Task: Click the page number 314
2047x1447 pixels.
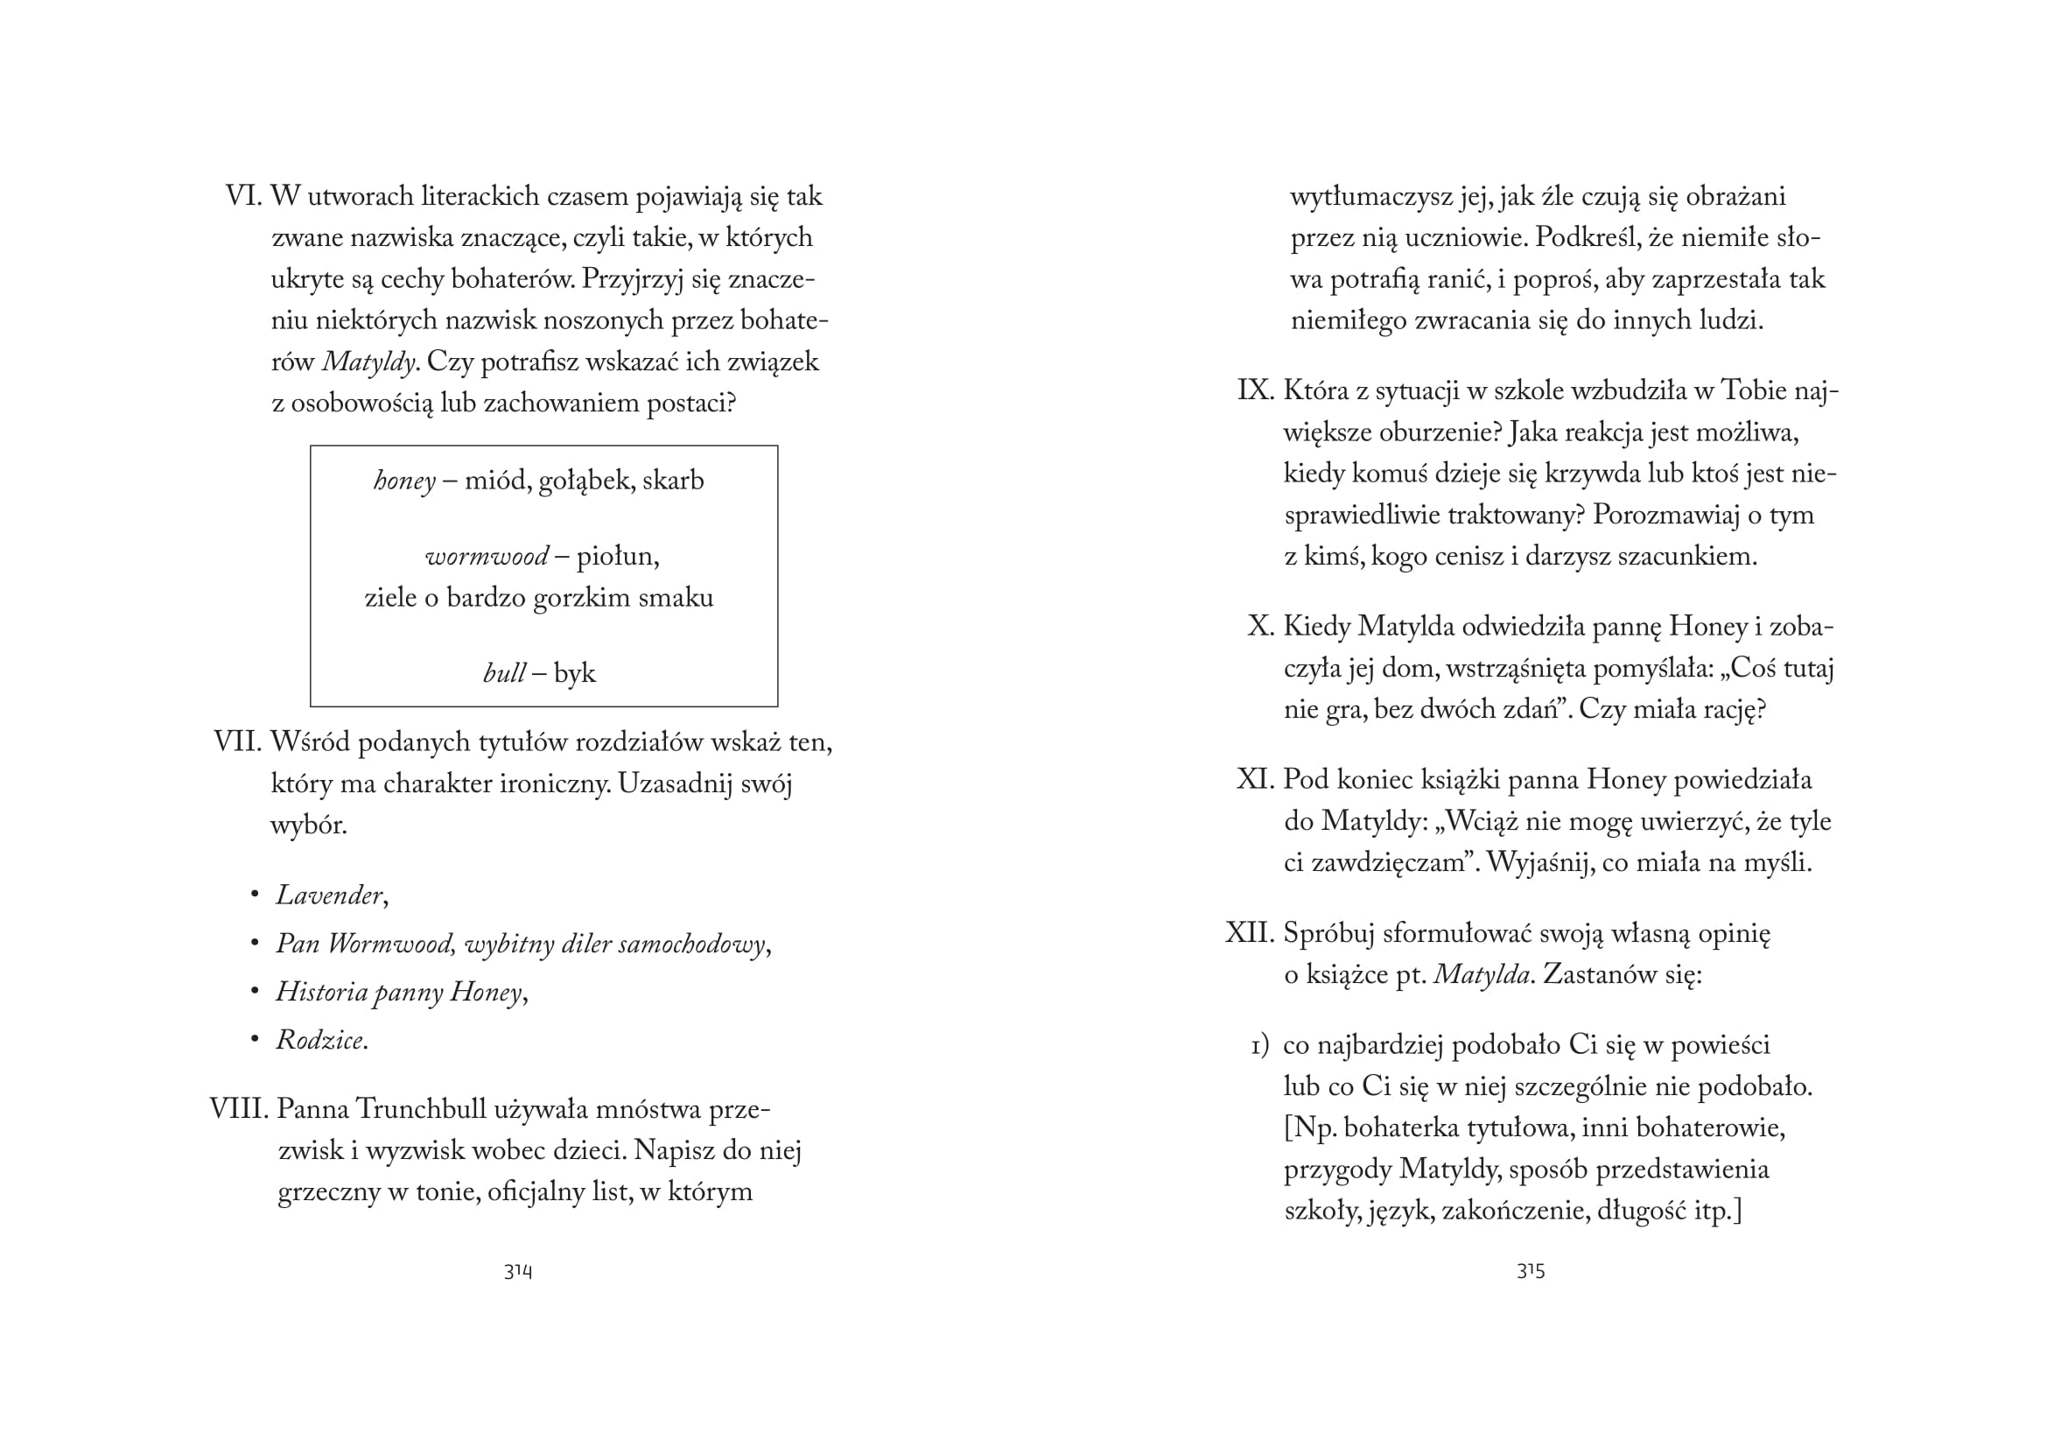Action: tap(518, 1271)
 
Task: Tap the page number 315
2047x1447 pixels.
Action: tap(1531, 1271)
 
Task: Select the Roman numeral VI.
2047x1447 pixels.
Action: tap(242, 196)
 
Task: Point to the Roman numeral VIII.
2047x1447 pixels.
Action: tap(238, 1109)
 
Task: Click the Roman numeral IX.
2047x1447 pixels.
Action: tap(1254, 390)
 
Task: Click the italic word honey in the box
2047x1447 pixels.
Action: tap(403, 481)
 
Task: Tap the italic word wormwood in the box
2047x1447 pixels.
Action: tap(487, 558)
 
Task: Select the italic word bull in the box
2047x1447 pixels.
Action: tap(504, 673)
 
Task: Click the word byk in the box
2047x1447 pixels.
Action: tap(574, 673)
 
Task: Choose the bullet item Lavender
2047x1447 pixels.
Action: tap(329, 896)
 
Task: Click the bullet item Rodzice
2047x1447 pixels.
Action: tap(320, 1041)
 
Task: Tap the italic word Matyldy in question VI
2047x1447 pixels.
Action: tap(368, 362)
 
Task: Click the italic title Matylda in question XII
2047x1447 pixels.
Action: tap(1482, 974)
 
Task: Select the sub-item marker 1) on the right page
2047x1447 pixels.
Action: tap(1259, 1046)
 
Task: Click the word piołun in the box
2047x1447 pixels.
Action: tap(616, 558)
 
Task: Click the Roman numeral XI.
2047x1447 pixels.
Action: tap(1254, 780)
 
